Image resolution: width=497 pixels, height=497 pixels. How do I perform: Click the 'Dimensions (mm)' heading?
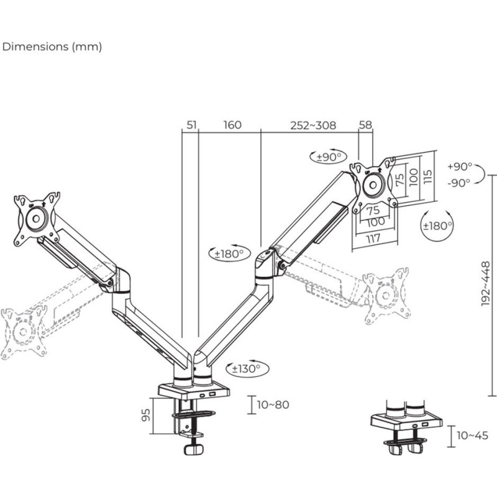point(52,47)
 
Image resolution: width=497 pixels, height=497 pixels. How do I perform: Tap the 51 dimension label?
point(191,125)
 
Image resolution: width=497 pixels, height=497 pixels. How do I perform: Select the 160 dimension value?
point(232,125)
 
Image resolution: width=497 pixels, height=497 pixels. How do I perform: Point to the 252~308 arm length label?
point(313,125)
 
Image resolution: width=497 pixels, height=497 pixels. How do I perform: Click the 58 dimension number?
point(365,125)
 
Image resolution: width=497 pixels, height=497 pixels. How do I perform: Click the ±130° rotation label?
point(245,368)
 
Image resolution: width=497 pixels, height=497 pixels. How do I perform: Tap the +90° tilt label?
point(460,166)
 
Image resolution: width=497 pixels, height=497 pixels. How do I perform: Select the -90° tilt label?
point(460,183)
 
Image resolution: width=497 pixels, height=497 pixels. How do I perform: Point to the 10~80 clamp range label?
point(273,404)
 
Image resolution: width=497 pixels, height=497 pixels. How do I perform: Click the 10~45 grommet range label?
point(473,435)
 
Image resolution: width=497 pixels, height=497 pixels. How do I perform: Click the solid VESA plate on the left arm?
point(36,219)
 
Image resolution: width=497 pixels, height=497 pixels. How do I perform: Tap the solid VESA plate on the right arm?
point(373,184)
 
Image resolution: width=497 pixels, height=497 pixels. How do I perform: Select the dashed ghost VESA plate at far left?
point(24,332)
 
